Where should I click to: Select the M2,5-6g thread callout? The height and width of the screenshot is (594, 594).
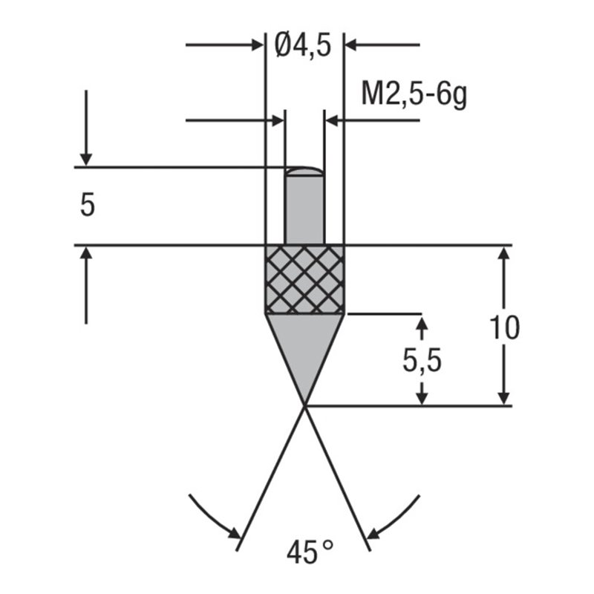pyautogui.click(x=414, y=95)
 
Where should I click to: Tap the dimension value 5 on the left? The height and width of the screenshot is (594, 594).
pyautogui.click(x=88, y=206)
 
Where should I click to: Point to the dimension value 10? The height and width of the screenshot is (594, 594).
pyautogui.click(x=505, y=327)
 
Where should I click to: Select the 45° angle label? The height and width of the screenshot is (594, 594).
pyautogui.click(x=309, y=553)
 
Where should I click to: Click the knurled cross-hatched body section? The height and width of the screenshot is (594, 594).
pyautogui.click(x=304, y=278)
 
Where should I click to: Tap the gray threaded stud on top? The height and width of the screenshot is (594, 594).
pyautogui.click(x=304, y=208)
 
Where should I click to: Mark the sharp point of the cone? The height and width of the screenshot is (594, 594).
pyautogui.click(x=304, y=404)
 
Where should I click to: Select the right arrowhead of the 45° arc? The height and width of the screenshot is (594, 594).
pyautogui.click(x=374, y=532)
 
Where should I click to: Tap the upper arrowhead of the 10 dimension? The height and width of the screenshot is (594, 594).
pyautogui.click(x=505, y=254)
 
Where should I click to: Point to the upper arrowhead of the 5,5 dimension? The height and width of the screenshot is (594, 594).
pyautogui.click(x=422, y=324)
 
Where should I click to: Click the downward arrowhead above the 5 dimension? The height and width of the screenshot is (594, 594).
pyautogui.click(x=86, y=158)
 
